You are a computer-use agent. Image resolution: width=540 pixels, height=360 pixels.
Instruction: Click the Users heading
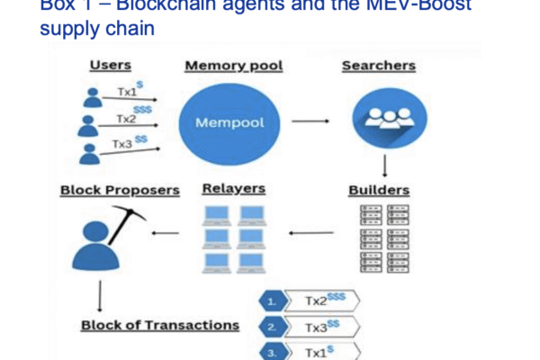[x=111, y=66]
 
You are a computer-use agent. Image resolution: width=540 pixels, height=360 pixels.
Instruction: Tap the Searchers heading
[x=377, y=66]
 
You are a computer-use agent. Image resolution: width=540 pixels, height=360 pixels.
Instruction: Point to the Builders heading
[x=378, y=190]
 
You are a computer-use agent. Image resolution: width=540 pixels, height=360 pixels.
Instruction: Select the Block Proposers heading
[x=120, y=190]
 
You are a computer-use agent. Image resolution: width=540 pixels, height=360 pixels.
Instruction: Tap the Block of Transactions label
[x=160, y=325]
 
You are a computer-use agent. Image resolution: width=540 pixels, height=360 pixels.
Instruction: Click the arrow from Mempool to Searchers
[x=310, y=120]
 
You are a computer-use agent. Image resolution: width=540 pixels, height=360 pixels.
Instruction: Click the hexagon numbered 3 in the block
[x=271, y=352]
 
